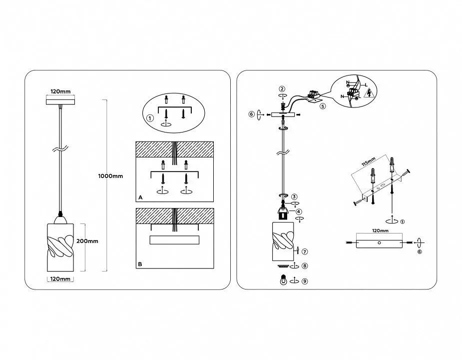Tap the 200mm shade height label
(x=87, y=241)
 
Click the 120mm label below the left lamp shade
(x=60, y=278)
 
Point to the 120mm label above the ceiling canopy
(x=60, y=92)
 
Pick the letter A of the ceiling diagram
(x=141, y=197)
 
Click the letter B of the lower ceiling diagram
(x=141, y=263)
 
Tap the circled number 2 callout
(x=282, y=88)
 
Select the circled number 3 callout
(x=295, y=196)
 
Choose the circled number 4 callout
(x=298, y=211)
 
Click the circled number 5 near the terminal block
(x=323, y=106)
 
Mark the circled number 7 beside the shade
(x=305, y=251)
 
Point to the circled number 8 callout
(x=305, y=266)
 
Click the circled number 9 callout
(x=305, y=281)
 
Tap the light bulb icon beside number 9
(x=284, y=280)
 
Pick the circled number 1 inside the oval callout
(x=150, y=118)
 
